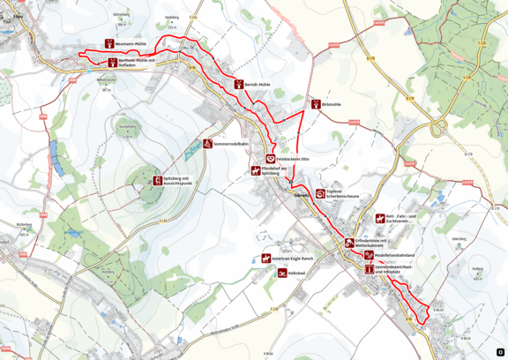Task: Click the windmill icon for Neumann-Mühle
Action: click(109, 42)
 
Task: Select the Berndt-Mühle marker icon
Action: click(239, 84)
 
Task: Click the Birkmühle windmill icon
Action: click(315, 104)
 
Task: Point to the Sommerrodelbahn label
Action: click(231, 143)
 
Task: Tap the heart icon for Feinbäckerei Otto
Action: click(271, 159)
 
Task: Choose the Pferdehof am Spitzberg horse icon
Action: click(256, 170)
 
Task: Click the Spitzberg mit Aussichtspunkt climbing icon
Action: click(157, 180)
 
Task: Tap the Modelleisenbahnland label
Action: click(394, 255)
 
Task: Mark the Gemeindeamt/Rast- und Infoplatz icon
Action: click(369, 268)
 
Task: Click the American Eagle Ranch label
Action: click(294, 258)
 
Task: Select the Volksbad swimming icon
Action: click(282, 274)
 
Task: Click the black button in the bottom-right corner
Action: click(500, 352)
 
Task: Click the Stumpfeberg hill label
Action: click(129, 126)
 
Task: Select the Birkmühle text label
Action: click(332, 104)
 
